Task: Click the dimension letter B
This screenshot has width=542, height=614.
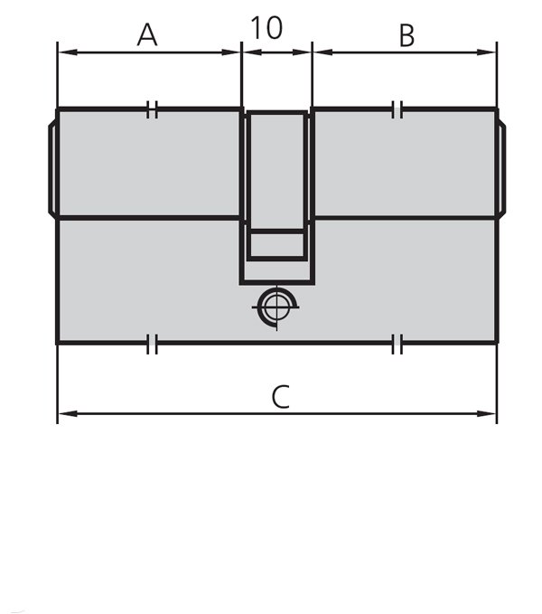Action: [406, 35]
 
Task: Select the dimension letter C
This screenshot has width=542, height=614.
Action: [281, 397]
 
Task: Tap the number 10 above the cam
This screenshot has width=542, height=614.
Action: [266, 28]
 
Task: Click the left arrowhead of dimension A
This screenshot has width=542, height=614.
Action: [63, 52]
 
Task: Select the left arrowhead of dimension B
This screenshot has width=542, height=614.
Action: [318, 52]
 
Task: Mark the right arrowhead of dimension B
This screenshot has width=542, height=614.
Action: [491, 52]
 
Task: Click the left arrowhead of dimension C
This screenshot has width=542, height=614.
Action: [63, 414]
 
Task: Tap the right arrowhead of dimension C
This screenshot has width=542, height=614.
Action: [491, 414]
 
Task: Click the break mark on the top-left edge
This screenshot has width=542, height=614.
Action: [152, 110]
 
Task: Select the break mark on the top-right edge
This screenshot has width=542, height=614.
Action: [397, 110]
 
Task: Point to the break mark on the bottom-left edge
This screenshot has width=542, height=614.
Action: [152, 344]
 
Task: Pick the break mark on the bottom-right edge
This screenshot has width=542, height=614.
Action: [397, 344]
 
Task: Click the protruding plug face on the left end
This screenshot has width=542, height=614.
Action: [52, 167]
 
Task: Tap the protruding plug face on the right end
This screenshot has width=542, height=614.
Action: [501, 167]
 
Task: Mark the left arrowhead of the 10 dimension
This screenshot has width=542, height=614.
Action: [248, 52]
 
